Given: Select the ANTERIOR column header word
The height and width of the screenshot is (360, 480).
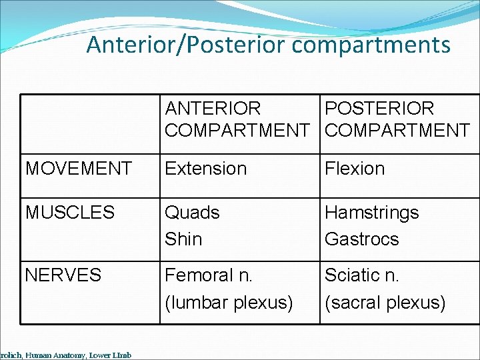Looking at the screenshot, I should (213, 109).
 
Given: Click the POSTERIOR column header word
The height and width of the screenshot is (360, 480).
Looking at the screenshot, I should (379, 109).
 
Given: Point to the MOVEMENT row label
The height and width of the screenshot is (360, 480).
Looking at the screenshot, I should (79, 169).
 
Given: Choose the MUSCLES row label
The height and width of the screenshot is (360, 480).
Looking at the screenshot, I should (70, 213).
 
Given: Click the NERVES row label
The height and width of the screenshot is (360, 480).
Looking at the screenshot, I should (63, 275).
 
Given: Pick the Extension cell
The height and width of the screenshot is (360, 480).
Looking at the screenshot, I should (205, 169).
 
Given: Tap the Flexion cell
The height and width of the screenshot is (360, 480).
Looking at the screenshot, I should (355, 169).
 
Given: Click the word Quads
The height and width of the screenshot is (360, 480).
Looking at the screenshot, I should (192, 213).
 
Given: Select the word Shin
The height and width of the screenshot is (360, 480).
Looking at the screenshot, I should (183, 239).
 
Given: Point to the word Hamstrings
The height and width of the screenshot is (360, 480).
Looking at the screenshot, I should (371, 213).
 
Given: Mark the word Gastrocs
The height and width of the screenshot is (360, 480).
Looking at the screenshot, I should (361, 239).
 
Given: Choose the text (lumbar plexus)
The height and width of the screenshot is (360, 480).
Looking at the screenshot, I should (229, 303).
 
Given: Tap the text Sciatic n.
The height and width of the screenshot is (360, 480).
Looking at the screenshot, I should (361, 275).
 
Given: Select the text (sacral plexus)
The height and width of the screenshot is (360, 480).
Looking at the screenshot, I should (385, 303).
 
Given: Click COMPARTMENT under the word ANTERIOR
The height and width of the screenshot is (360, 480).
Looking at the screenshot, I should (237, 131).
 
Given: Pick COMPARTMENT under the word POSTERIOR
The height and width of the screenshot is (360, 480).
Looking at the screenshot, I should (397, 131).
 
